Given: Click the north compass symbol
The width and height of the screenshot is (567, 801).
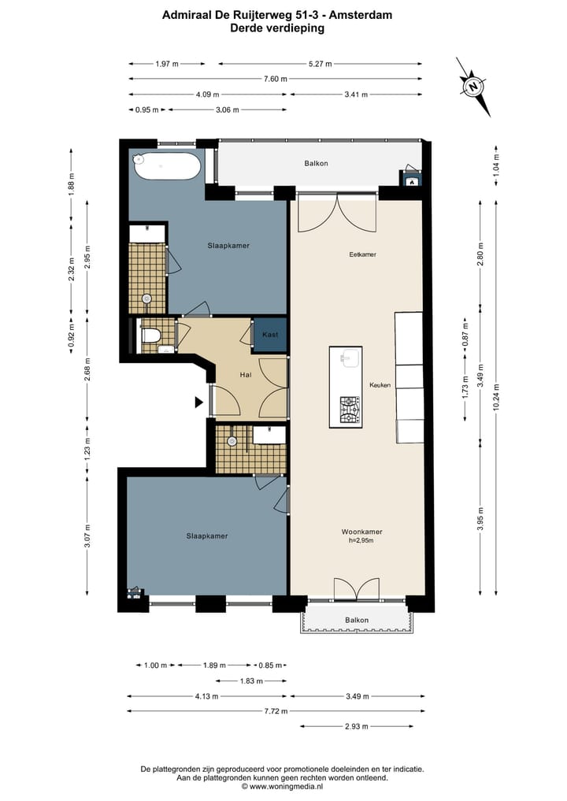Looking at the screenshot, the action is coord(473,87).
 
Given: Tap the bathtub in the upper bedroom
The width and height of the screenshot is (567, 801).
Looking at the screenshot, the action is coord(166,166).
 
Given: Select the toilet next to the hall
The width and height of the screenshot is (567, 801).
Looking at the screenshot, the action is coord(150,336).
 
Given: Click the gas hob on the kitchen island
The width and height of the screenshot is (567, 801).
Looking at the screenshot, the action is coord(350,410).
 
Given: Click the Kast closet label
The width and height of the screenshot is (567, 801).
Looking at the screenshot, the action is coord(270,335).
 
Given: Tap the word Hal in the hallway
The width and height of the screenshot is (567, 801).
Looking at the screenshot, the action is coord(246,374).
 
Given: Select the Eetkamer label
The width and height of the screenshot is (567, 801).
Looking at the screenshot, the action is coord(363,254).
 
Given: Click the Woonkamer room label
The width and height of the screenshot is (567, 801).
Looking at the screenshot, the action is coord(361,532).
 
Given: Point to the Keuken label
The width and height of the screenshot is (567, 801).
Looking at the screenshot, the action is coord(380,384).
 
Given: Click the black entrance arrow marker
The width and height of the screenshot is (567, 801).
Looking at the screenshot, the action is coord(198,402).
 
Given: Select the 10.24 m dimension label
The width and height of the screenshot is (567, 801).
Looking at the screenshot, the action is coord(496,398).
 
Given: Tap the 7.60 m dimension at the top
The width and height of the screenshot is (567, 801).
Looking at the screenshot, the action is coord(276,79).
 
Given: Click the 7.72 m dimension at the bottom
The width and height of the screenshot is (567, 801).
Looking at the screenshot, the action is coord(276,710).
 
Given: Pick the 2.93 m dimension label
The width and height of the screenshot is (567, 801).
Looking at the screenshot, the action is coord(356,726).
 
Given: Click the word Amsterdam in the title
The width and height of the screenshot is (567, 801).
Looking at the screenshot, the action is coord(361,15).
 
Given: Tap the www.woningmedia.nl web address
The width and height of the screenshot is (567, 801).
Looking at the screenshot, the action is coord(286,787).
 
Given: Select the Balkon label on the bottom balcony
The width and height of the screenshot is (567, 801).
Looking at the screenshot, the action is coord(357,620).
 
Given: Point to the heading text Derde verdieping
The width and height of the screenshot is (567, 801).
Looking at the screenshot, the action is coord(277,28).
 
